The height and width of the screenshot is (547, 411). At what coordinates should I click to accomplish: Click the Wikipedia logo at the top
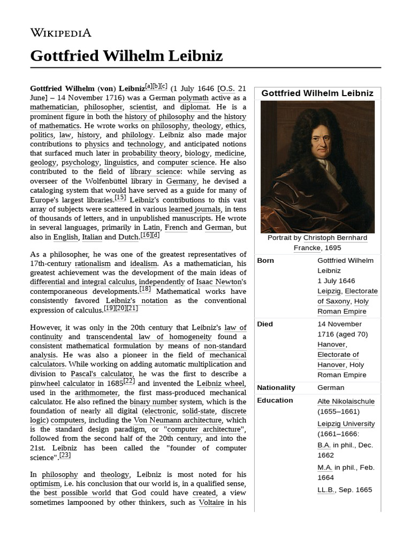pyautogui.click(x=60, y=33)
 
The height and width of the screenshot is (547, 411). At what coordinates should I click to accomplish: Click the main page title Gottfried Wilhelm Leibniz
pyautogui.click(x=126, y=56)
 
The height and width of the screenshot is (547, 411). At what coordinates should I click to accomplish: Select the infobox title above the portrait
pyautogui.click(x=317, y=93)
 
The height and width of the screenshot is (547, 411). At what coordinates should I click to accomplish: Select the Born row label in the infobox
pyautogui.click(x=266, y=261)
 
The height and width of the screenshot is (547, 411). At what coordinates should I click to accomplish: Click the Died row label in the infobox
pyautogui.click(x=265, y=324)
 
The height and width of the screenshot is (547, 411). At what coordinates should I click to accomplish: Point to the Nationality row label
pyautogui.click(x=276, y=388)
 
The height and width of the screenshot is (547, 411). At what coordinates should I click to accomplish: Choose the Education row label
pyautogui.click(x=275, y=401)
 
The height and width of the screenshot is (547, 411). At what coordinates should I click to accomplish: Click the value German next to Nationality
pyautogui.click(x=331, y=388)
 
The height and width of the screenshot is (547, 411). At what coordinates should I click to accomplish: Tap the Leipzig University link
pyautogui.click(x=346, y=424)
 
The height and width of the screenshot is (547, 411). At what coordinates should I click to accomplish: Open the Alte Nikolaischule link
pyautogui.click(x=346, y=402)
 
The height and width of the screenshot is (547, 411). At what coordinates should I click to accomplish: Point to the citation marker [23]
pyautogui.click(x=65, y=455)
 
